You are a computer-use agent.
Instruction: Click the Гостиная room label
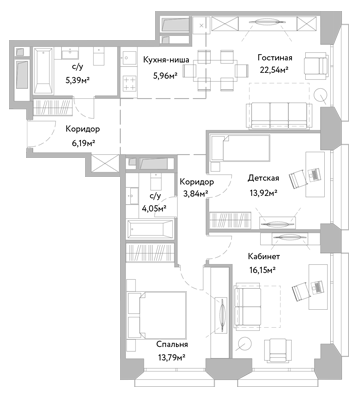[275, 58]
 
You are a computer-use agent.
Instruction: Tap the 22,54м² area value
[274, 70]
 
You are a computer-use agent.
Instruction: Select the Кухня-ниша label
[166, 60]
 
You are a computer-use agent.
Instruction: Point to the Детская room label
[263, 178]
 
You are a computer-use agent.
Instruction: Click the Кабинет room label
[264, 256]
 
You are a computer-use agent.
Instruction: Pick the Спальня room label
[172, 344]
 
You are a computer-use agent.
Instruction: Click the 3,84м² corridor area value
[195, 194]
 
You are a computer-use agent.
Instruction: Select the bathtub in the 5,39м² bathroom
[44, 71]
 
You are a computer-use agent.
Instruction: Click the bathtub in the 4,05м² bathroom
[150, 229]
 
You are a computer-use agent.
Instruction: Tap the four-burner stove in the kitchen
[130, 83]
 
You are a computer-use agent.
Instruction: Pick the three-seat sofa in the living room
[279, 115]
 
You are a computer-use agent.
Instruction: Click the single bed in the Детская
[239, 148]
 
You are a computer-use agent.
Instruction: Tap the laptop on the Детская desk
[314, 174]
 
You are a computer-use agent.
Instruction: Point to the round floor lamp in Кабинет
[245, 345]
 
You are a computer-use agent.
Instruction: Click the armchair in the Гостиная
[315, 64]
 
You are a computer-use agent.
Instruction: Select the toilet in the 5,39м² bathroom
[100, 57]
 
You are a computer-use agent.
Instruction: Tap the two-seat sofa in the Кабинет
[248, 306]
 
